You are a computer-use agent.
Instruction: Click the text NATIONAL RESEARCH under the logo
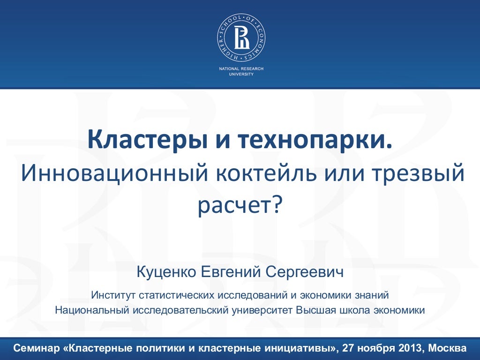coord(241,69)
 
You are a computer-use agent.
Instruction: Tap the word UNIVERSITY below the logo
coord(241,74)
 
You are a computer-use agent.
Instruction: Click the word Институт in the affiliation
coord(113,296)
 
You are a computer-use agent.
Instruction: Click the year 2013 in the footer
coord(409,349)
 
